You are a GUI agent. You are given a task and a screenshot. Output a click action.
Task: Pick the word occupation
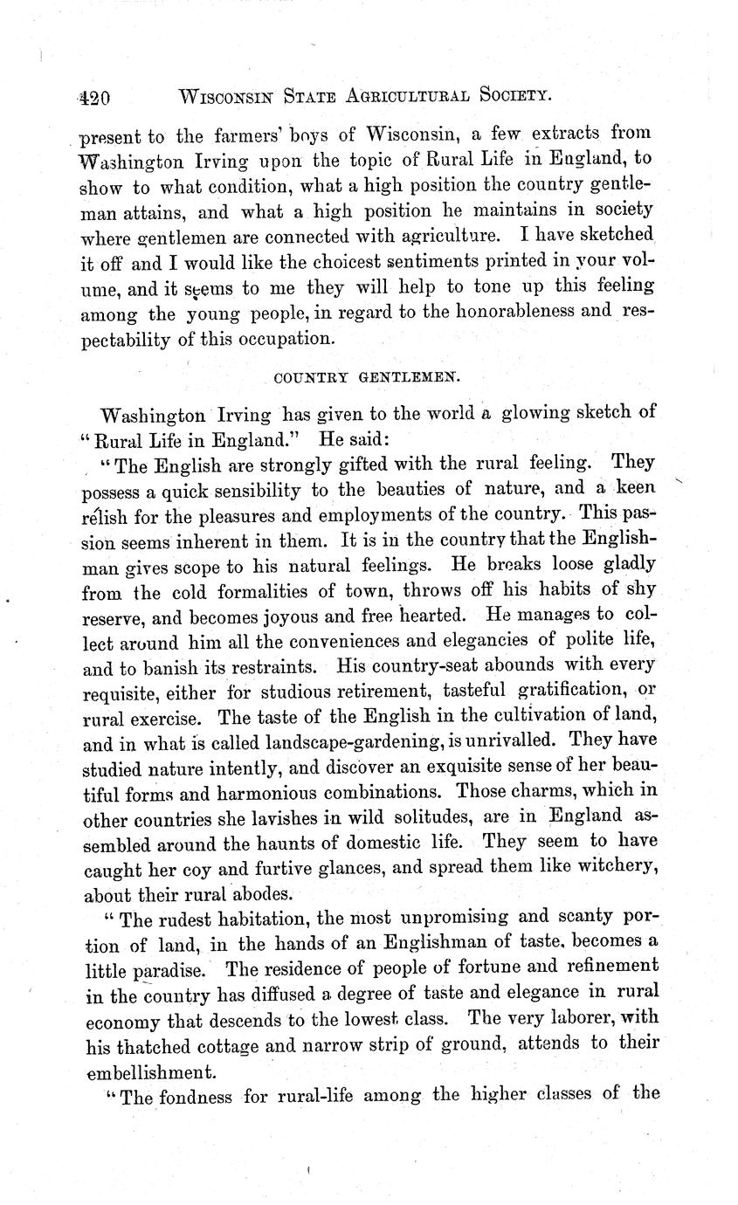(x=283, y=338)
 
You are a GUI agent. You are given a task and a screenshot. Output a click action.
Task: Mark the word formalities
(x=259, y=592)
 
